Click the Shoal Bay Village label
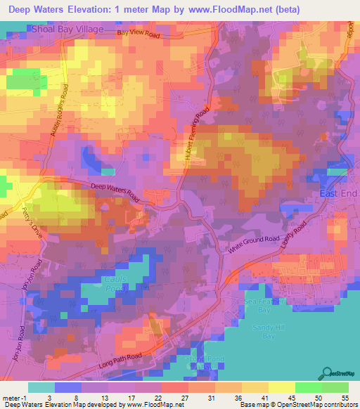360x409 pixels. pyautogui.click(x=67, y=30)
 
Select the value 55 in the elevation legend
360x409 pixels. pyautogui.click(x=343, y=397)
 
